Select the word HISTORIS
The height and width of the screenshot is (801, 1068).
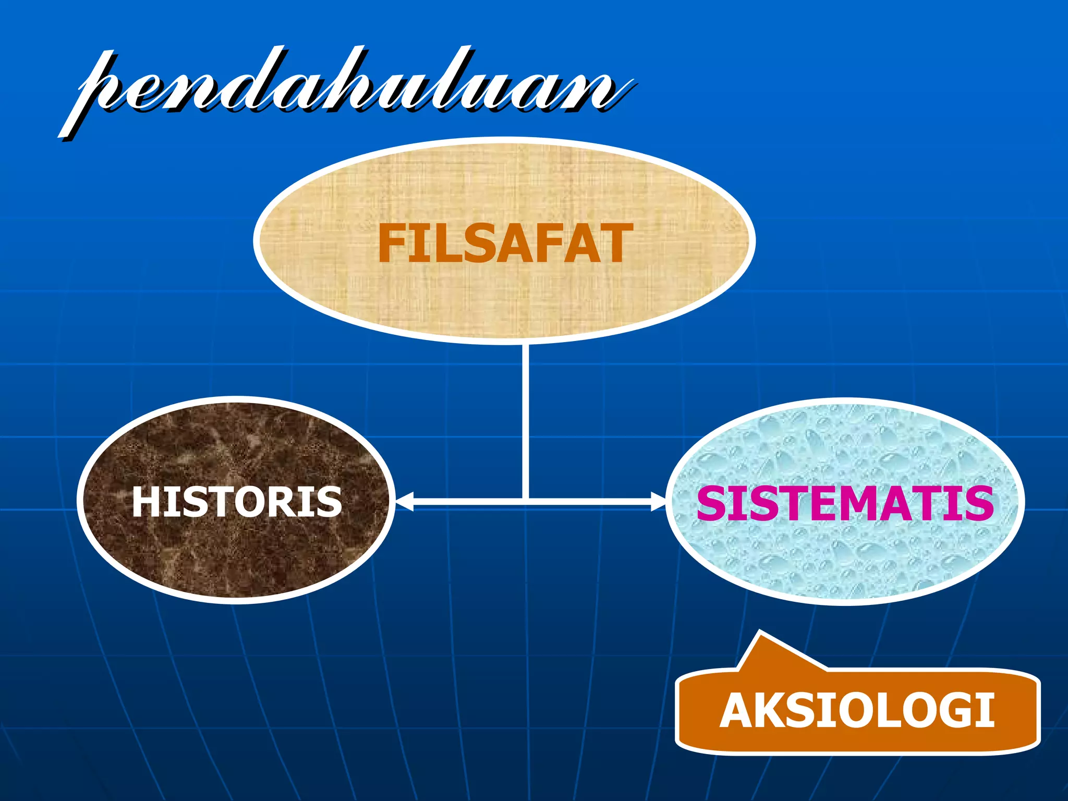236,502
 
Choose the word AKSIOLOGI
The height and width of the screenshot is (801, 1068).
857,710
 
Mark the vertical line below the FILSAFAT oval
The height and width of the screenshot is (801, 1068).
525,417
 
